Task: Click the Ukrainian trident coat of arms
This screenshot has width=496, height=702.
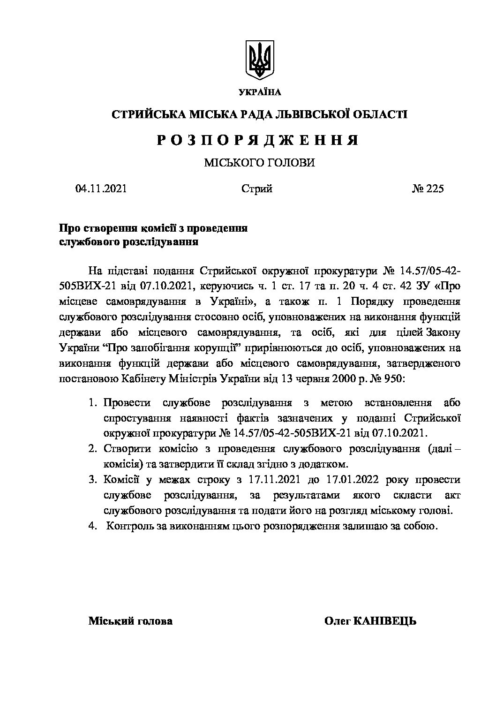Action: pos(260,60)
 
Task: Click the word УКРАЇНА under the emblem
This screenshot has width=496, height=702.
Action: pos(260,92)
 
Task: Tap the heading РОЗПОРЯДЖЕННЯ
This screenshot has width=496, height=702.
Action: pos(257,140)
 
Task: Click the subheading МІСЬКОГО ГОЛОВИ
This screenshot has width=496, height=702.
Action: pos(259,163)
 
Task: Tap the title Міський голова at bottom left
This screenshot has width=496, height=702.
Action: pos(130,621)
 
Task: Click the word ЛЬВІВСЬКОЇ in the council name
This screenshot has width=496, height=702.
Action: pos(299,114)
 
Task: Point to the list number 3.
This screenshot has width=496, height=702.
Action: pos(92,480)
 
